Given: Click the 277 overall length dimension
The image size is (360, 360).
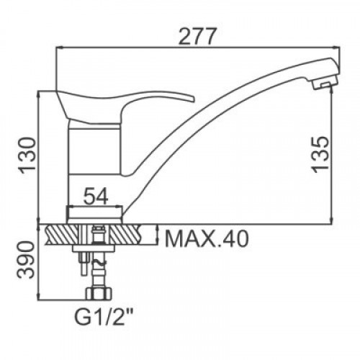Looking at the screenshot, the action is pyautogui.click(x=198, y=36).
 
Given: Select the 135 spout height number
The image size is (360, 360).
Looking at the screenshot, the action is pyautogui.click(x=320, y=154).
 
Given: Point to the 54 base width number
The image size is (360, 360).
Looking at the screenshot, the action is pyautogui.click(x=96, y=196).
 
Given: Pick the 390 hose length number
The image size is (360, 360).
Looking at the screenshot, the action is pyautogui.click(x=26, y=260).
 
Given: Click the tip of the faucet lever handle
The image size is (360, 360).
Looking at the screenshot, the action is pyautogui.click(x=194, y=99).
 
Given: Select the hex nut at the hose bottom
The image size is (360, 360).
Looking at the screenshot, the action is pyautogui.click(x=99, y=294).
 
